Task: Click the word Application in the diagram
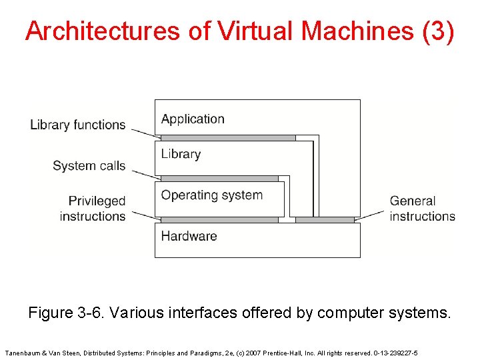(x=193, y=119)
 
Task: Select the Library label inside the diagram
(x=181, y=154)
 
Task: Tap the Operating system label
(x=212, y=195)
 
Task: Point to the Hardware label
(x=189, y=236)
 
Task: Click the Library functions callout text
(x=77, y=125)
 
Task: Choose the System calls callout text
(x=89, y=166)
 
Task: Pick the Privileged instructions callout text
(x=93, y=208)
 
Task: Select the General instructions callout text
(x=422, y=208)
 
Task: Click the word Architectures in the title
(x=102, y=31)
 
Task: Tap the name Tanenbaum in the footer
(x=26, y=353)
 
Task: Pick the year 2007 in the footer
(x=255, y=353)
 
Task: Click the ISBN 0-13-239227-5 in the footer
(x=395, y=353)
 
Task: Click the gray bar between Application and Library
(x=228, y=138)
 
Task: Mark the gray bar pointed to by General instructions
(x=325, y=219)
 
